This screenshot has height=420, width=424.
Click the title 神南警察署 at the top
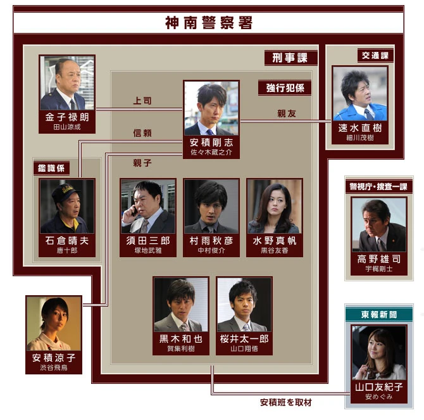(208, 23)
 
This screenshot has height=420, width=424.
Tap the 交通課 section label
(374, 56)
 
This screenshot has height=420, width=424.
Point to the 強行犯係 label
(285, 87)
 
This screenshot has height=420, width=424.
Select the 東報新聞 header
(378, 315)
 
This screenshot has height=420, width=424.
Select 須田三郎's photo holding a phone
(148, 207)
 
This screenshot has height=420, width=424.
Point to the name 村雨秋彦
(211, 241)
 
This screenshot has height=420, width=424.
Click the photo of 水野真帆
(274, 207)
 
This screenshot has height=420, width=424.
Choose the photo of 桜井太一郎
(243, 305)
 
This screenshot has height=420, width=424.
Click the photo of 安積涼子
(54, 324)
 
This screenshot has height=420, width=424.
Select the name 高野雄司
(379, 259)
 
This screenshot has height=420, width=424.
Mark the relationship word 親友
(286, 114)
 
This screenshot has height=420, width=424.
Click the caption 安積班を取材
(285, 402)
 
